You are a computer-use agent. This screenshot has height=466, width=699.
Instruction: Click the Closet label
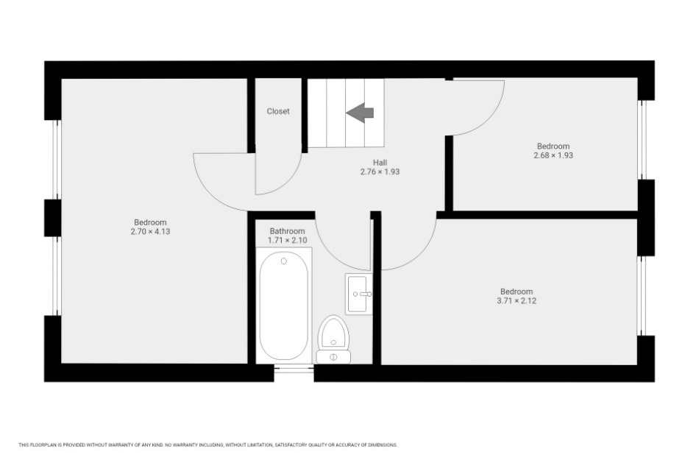click(x=278, y=111)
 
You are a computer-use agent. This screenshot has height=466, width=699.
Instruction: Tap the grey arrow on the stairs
click(x=360, y=113)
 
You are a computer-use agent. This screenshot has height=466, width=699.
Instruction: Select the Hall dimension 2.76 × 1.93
click(x=380, y=172)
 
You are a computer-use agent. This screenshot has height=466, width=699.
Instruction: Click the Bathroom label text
click(x=287, y=231)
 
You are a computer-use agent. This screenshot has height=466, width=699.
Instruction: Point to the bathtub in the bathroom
click(x=283, y=306)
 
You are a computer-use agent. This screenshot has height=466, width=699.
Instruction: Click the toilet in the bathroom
click(x=333, y=339)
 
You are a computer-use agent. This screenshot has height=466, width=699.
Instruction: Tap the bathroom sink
click(x=359, y=294)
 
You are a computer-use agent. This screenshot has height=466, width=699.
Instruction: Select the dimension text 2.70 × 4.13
click(x=150, y=231)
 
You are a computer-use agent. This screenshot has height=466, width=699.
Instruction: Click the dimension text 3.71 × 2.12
click(x=517, y=300)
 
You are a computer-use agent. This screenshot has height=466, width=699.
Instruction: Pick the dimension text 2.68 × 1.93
click(x=553, y=155)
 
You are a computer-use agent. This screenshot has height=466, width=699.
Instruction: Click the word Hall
click(x=380, y=162)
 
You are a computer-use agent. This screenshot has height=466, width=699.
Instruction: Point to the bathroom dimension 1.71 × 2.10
click(x=287, y=240)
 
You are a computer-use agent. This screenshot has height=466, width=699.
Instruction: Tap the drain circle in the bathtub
click(x=283, y=261)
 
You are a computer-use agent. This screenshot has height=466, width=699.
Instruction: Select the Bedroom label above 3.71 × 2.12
click(x=517, y=292)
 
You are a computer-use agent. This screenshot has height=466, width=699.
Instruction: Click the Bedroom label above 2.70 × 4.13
click(x=150, y=222)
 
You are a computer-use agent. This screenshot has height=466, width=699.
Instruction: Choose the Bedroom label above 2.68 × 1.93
click(x=553, y=146)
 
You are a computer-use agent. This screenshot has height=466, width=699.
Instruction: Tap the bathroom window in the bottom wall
click(x=294, y=368)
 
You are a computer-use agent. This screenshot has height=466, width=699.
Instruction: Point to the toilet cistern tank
click(x=333, y=357)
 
